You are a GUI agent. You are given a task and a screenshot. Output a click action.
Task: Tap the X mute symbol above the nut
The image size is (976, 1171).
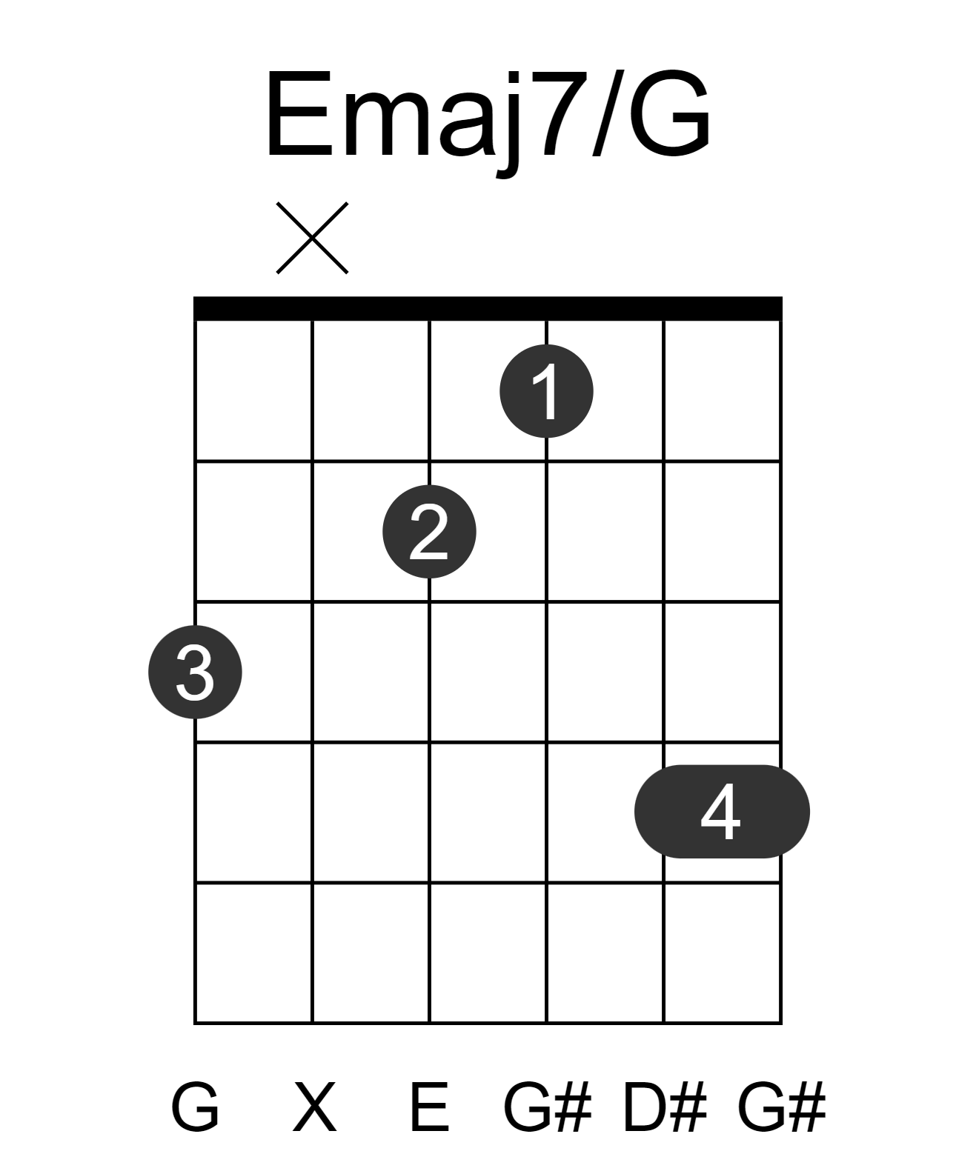(x=312, y=238)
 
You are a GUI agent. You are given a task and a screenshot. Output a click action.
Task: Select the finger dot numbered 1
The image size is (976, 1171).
(x=546, y=391)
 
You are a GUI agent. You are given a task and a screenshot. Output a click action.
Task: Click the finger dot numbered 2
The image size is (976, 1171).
(x=429, y=531)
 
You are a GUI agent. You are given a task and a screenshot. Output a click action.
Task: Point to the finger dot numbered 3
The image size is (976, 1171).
(x=195, y=671)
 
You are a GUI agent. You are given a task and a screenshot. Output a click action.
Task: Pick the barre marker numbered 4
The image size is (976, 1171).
(x=722, y=812)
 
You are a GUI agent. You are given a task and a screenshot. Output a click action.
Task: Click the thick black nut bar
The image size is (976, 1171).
(x=488, y=308)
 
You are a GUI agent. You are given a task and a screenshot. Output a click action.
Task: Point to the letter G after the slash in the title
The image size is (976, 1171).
(x=669, y=113)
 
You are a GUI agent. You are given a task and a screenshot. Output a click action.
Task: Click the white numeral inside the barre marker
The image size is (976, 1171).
(x=720, y=812)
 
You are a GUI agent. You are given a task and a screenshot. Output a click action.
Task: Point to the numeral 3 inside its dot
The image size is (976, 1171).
(x=195, y=672)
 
